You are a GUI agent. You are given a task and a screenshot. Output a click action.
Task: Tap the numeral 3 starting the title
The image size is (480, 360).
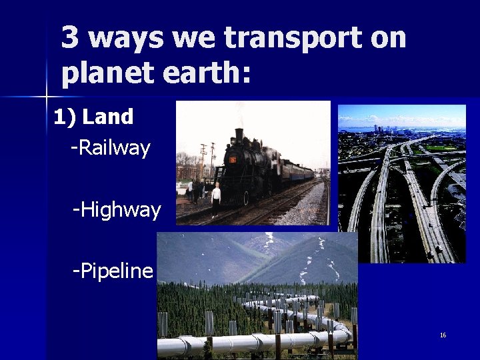coord(69,38)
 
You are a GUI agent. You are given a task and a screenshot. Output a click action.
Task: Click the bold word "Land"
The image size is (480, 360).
coord(109,117)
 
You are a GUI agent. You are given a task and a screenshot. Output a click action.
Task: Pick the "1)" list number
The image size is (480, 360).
coord(65,117)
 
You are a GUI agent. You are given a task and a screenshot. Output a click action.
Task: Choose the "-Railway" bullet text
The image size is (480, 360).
coord(111,147)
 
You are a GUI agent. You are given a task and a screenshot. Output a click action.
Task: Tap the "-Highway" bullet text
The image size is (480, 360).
coord(117,211)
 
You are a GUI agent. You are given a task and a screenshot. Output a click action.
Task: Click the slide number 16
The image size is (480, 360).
coord(443,335)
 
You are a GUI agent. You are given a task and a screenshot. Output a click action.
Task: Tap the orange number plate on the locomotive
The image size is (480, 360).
coord(233,160)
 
